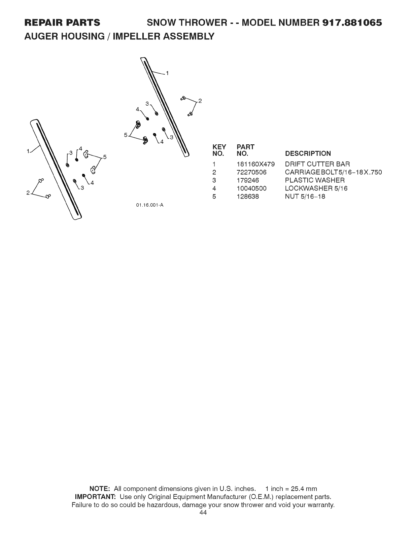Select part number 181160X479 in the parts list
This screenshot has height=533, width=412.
pyautogui.click(x=256, y=164)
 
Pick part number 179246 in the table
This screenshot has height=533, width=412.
pyautogui.click(x=248, y=180)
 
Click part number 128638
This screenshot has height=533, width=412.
pyautogui.click(x=248, y=197)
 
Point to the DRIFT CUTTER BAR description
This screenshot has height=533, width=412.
pyautogui.click(x=317, y=164)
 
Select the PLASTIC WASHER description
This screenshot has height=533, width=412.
pyautogui.click(x=315, y=180)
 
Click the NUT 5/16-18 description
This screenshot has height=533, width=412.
pyautogui.click(x=305, y=197)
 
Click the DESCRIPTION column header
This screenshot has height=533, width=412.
pyautogui.click(x=308, y=154)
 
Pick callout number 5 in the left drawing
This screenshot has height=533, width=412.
pyautogui.click(x=105, y=156)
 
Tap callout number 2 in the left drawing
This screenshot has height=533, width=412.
pyautogui.click(x=28, y=192)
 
